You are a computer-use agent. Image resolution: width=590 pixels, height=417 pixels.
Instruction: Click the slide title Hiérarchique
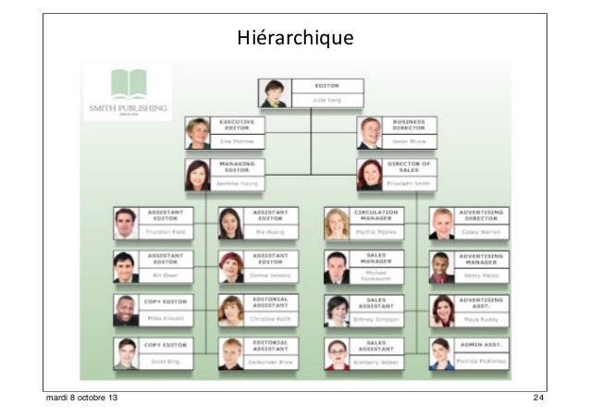(295, 39)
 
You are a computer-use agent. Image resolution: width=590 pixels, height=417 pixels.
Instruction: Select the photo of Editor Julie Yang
(276, 92)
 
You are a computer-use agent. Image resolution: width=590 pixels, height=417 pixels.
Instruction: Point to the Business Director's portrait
(370, 133)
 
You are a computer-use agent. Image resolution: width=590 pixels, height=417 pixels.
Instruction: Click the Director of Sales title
(411, 166)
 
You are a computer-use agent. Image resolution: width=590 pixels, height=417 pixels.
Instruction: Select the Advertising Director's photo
(442, 223)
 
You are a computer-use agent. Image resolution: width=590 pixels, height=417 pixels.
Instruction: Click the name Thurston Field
(166, 232)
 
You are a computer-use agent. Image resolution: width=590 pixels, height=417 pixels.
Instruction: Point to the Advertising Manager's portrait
(442, 266)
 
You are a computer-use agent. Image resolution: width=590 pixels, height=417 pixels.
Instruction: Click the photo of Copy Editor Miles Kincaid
(126, 311)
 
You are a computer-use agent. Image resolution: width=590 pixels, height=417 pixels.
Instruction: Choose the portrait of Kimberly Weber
(337, 354)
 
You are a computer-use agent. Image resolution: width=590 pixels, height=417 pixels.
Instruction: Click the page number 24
(538, 399)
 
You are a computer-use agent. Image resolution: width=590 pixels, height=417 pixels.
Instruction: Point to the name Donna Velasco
(272, 276)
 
